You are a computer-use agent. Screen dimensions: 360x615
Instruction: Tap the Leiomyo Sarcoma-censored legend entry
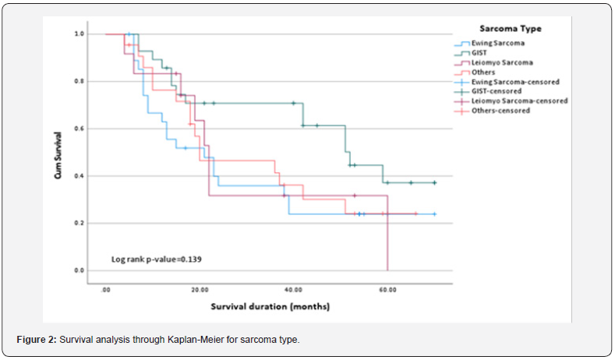[518, 101]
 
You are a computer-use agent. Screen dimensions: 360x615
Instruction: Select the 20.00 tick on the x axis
[200, 289]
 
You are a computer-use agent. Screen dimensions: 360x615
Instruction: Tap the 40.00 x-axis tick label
[294, 289]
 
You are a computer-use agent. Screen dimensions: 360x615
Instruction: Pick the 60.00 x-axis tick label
[387, 289]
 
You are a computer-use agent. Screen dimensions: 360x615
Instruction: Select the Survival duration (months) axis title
[270, 306]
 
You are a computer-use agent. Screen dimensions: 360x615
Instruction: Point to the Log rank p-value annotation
[157, 259]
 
